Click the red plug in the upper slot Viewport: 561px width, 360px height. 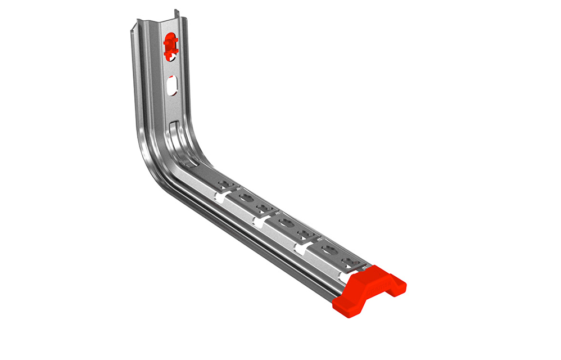(170, 44)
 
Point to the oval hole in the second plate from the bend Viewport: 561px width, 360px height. (245, 197)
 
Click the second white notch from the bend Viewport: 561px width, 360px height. (258, 220)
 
